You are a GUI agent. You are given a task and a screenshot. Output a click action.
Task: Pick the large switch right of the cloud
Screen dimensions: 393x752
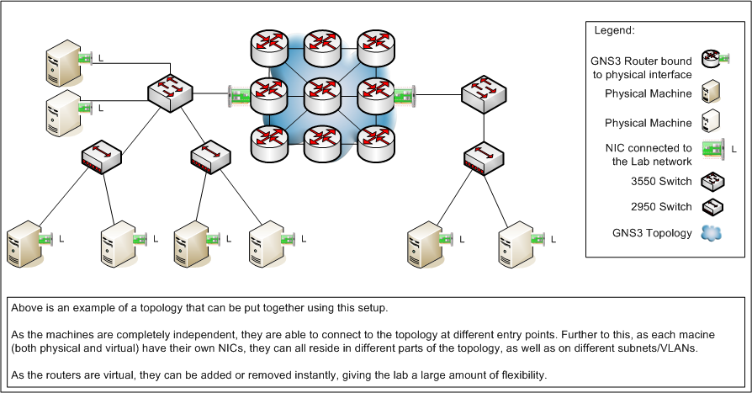485,93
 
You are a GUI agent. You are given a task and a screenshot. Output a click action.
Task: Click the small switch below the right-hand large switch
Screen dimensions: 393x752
485,157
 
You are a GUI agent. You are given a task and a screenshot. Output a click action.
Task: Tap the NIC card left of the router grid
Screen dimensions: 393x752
238,95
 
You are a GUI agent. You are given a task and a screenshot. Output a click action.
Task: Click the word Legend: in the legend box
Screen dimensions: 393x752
615,30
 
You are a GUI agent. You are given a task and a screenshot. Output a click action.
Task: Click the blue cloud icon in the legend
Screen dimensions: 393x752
712,233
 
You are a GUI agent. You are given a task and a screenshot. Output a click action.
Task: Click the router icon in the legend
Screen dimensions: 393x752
712,59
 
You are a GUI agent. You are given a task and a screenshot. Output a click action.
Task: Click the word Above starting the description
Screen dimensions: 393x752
25,305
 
